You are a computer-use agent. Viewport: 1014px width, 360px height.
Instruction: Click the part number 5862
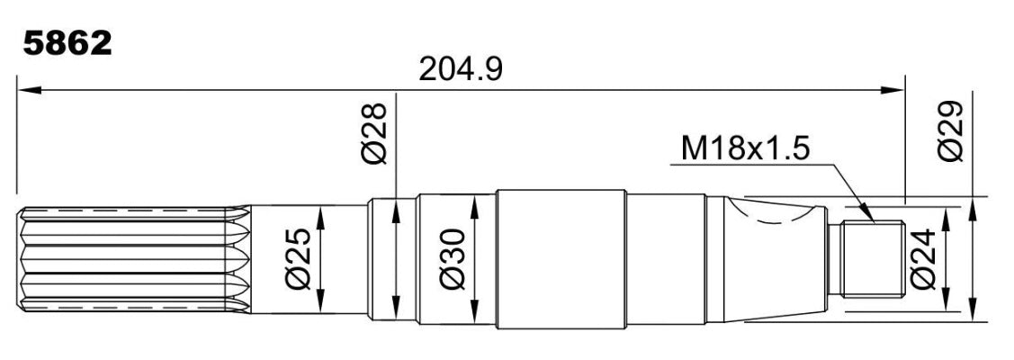67,44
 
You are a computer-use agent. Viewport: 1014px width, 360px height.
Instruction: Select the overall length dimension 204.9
461,69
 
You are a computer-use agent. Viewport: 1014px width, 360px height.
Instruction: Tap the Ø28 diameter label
374,134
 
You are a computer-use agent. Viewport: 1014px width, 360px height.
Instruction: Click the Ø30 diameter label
452,258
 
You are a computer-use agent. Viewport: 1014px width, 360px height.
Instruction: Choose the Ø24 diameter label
923,258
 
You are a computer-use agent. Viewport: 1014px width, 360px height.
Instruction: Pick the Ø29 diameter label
951,130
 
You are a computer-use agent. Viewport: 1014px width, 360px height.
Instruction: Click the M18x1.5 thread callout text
745,149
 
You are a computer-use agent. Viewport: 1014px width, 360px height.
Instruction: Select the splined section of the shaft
132,259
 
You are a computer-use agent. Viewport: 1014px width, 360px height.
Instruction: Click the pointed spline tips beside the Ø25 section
238,259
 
